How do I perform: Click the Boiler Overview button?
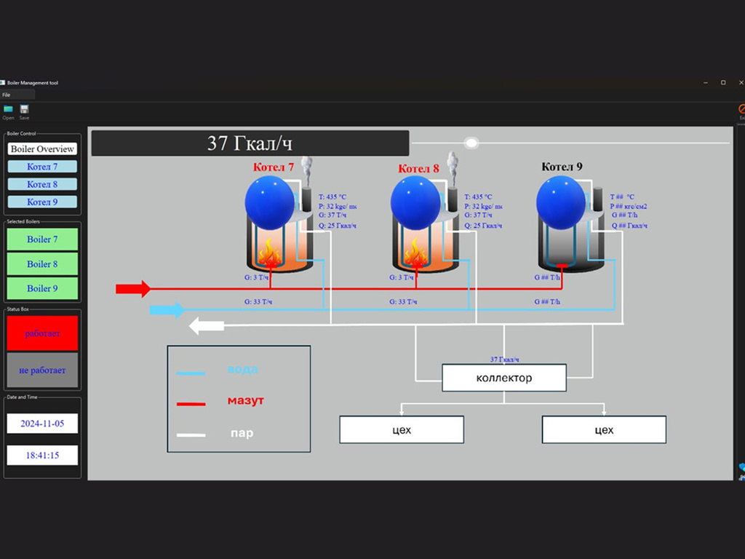(x=42, y=148)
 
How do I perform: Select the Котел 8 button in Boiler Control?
(x=42, y=184)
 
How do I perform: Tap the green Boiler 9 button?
(x=42, y=288)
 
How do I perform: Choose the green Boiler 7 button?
(x=42, y=239)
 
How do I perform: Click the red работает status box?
(x=42, y=333)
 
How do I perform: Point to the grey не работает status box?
(x=42, y=370)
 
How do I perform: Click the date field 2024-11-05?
(x=42, y=423)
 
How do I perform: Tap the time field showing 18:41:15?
(x=42, y=456)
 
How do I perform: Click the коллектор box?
(x=503, y=378)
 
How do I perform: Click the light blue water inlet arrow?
(x=167, y=310)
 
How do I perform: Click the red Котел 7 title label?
(x=274, y=167)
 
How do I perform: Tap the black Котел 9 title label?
(x=562, y=167)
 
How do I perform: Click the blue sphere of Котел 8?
(x=415, y=204)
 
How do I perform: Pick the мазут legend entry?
(x=245, y=400)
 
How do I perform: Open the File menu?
(x=6, y=95)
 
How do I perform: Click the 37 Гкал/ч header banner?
(x=250, y=143)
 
